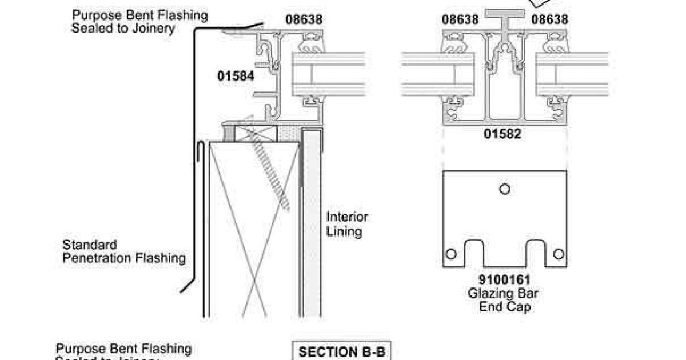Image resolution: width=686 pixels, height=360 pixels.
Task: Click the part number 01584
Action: click(236, 75)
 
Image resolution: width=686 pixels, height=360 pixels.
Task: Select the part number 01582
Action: click(503, 134)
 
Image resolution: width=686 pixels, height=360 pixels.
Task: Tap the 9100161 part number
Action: click(504, 281)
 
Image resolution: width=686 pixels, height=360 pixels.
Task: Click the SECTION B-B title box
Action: click(341, 351)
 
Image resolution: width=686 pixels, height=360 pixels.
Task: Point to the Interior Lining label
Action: click(347, 224)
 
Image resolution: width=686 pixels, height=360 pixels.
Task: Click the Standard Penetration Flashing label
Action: click(124, 251)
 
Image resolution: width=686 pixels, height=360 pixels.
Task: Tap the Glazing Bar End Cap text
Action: click(504, 300)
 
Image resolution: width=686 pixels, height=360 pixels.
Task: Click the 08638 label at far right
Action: click(549, 19)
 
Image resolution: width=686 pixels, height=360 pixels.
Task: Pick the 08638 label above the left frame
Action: click(304, 19)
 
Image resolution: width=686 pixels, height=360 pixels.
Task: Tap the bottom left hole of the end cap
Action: click(451, 254)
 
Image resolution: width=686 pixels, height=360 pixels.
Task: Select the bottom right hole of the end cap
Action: click(559, 254)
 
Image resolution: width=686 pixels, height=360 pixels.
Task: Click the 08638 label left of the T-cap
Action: click(460, 19)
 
